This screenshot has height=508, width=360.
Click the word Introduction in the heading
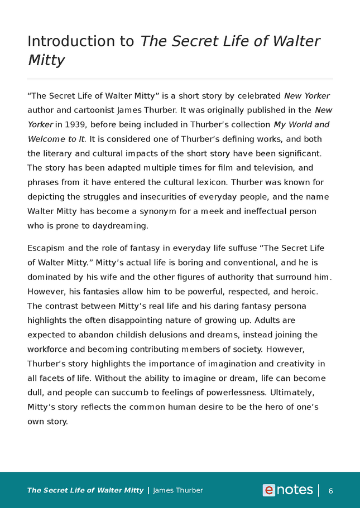(81, 41)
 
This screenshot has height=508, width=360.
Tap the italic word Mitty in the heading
(46, 60)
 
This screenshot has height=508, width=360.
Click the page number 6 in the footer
(330, 491)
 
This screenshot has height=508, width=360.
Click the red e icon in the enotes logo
(269, 490)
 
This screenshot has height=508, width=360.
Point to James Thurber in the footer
(177, 491)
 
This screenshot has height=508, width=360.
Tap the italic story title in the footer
(85, 491)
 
